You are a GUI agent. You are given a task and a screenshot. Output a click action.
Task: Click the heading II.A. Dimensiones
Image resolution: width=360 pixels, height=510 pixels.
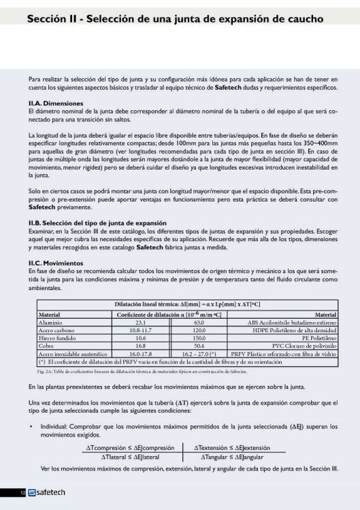54,102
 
